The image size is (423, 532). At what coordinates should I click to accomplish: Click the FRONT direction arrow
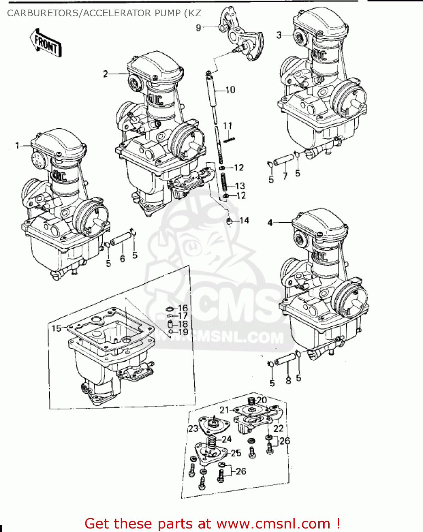pyautogui.click(x=45, y=43)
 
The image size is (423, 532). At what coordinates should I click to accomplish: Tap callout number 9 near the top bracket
pyautogui.click(x=198, y=27)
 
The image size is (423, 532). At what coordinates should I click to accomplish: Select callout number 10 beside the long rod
pyautogui.click(x=230, y=90)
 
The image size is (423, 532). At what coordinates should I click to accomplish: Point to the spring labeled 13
pyautogui.click(x=224, y=182)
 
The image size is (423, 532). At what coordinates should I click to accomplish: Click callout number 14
pyautogui.click(x=244, y=221)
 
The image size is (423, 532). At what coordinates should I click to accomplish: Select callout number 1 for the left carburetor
pyautogui.click(x=17, y=145)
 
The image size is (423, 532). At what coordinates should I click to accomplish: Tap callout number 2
pyautogui.click(x=105, y=74)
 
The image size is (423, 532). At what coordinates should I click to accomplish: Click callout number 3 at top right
pyautogui.click(x=279, y=35)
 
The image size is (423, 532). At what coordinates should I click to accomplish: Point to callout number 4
pyautogui.click(x=270, y=223)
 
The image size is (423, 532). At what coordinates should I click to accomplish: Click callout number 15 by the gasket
pyautogui.click(x=56, y=328)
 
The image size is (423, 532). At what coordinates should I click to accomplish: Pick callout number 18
pyautogui.click(x=183, y=324)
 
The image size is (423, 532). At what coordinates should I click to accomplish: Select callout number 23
pyautogui.click(x=193, y=428)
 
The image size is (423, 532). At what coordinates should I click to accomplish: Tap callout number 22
pyautogui.click(x=278, y=428)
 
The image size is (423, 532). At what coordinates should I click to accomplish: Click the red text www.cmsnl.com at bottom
pyautogui.click(x=273, y=523)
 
